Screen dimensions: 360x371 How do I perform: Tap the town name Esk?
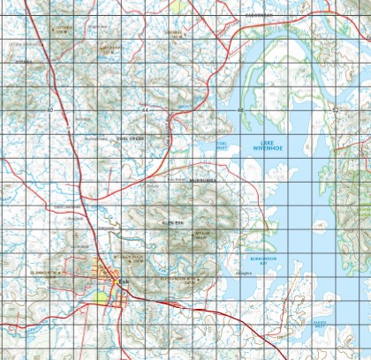(x=122, y=282)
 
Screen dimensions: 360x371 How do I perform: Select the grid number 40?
(x=49, y=110)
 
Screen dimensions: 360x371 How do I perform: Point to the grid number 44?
(x=144, y=110)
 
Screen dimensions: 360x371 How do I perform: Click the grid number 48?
(x=239, y=110)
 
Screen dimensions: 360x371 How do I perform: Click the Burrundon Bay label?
(x=262, y=261)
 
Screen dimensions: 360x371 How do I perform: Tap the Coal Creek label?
(x=129, y=139)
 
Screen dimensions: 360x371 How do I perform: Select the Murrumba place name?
(x=202, y=181)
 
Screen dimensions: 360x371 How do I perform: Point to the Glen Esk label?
(x=172, y=224)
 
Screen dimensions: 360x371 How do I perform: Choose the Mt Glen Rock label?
(x=125, y=258)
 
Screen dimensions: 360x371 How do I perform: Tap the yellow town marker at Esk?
(x=113, y=281)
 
